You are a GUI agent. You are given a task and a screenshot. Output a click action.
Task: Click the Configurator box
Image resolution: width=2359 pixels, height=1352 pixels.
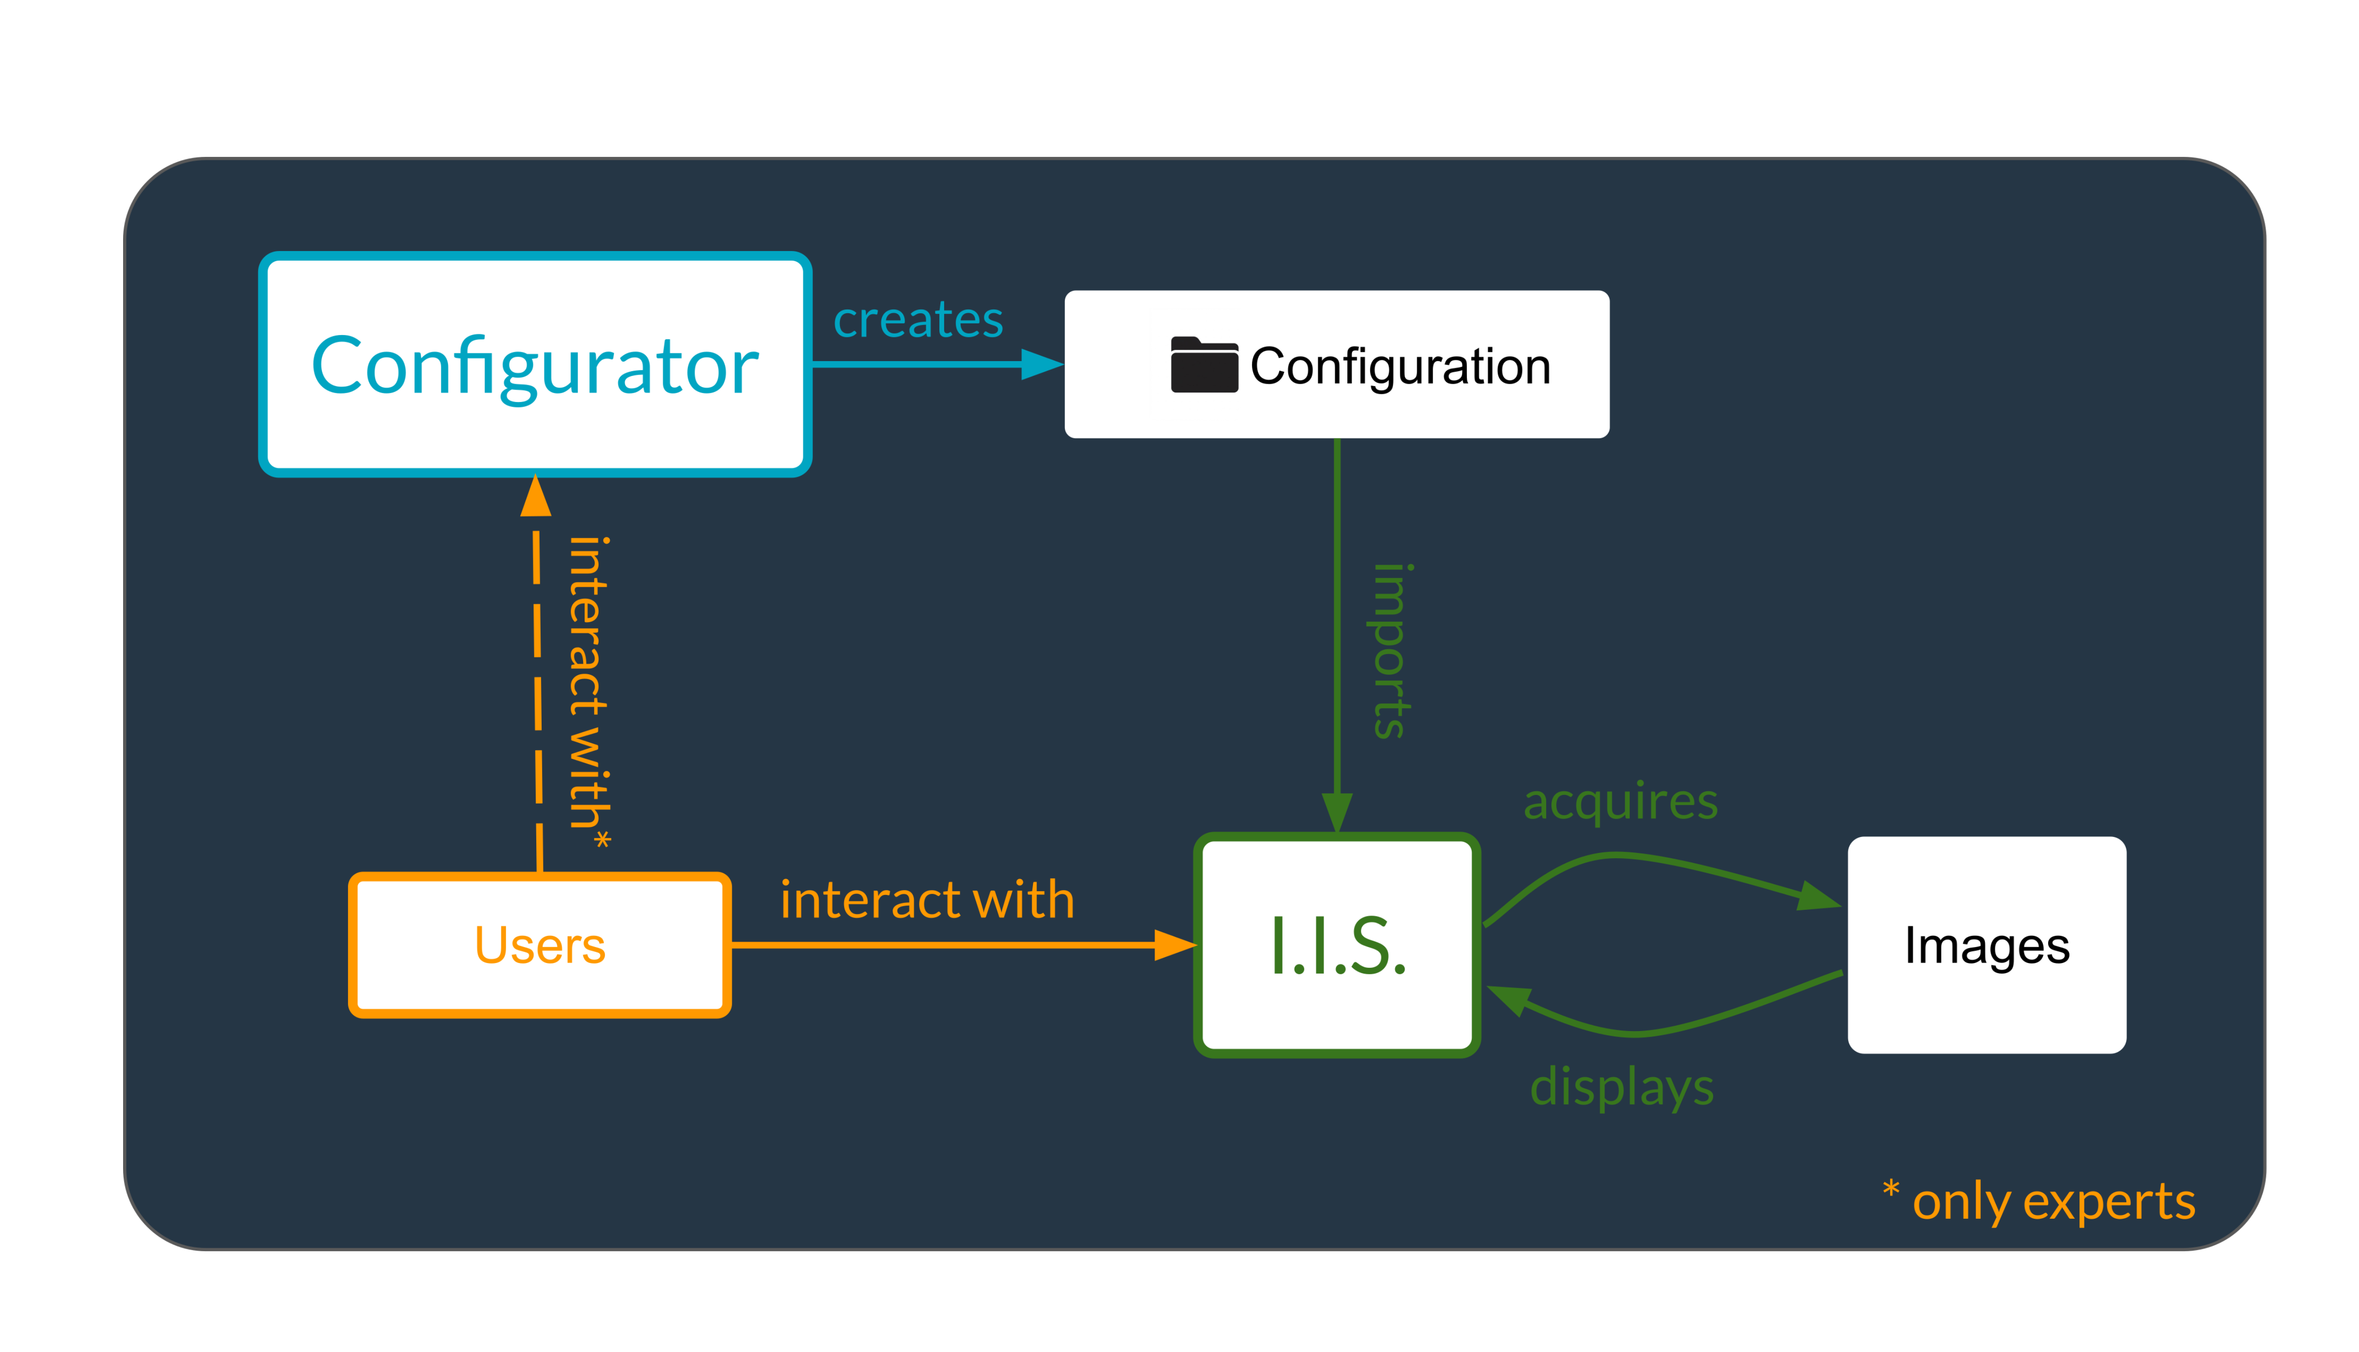click(x=535, y=364)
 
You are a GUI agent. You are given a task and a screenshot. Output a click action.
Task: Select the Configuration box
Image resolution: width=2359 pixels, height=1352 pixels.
click(x=1336, y=364)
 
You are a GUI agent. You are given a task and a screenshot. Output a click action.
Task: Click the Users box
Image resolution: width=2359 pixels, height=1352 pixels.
click(x=539, y=944)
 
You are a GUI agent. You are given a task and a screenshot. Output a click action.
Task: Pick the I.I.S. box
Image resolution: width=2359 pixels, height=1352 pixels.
click(x=1336, y=944)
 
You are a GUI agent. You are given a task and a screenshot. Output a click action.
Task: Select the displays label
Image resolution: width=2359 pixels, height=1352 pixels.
click(x=1621, y=1087)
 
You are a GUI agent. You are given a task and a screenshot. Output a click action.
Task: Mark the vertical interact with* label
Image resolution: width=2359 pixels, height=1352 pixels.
click(x=588, y=692)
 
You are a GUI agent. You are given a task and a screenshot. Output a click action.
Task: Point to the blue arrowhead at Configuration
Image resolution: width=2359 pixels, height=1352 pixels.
click(x=1042, y=364)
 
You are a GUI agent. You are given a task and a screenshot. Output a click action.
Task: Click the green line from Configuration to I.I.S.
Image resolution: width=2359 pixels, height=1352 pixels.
click(x=1336, y=613)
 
